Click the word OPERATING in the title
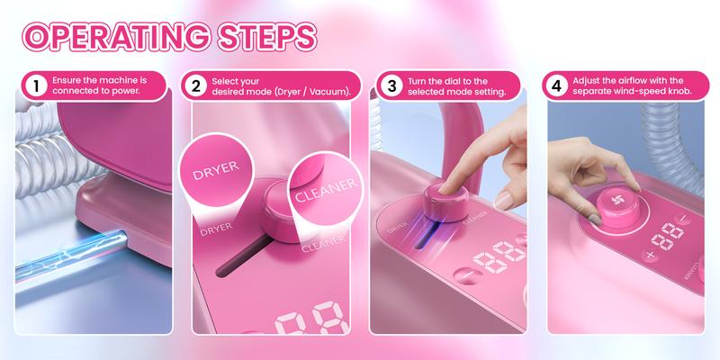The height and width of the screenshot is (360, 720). pos(116,36)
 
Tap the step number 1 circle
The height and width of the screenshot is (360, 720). pos(37,87)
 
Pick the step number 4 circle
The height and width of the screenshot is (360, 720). pos(558,87)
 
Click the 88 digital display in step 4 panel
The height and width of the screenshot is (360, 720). pos(667,237)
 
